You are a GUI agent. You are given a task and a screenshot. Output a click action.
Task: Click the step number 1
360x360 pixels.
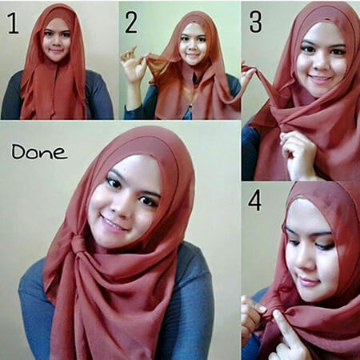tap(13, 23)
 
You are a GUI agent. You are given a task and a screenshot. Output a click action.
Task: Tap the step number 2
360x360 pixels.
tap(131, 22)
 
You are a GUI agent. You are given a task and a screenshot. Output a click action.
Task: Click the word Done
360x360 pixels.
tap(38, 151)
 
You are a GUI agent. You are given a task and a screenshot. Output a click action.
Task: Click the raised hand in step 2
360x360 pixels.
tap(132, 63)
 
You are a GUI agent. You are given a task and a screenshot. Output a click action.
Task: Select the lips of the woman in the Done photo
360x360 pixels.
tap(114, 222)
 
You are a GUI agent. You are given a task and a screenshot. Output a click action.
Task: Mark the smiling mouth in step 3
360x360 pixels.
tap(319, 78)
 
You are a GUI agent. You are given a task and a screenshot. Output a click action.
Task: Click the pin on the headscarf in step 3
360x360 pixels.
tap(328, 19)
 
